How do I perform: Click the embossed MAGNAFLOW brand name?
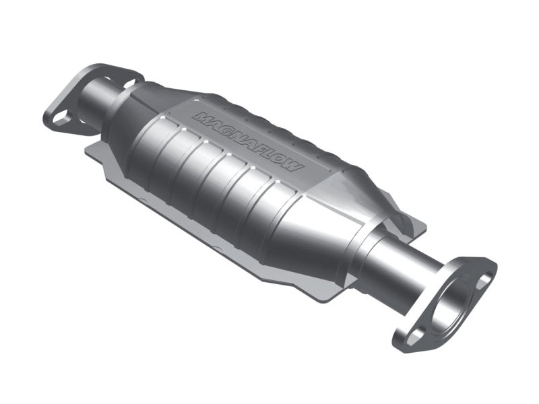pyautogui.click(x=249, y=141)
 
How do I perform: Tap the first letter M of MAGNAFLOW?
pyautogui.click(x=201, y=116)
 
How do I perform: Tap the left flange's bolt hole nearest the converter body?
pyautogui.click(x=129, y=83)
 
